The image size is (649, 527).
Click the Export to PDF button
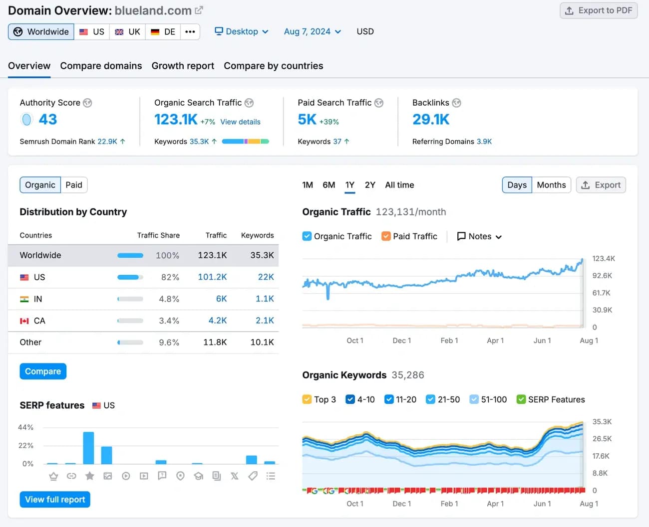(x=599, y=10)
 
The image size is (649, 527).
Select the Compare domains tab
(x=101, y=66)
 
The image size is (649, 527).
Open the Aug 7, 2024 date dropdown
(x=312, y=31)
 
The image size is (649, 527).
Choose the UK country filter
(x=128, y=32)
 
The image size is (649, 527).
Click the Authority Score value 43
(x=48, y=120)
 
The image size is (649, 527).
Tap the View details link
(x=240, y=122)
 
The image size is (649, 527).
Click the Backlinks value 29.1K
(x=430, y=120)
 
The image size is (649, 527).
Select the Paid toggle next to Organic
(x=74, y=185)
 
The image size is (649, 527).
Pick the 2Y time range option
(x=369, y=185)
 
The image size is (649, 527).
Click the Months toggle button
(x=551, y=185)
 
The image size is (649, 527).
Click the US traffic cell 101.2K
(x=212, y=277)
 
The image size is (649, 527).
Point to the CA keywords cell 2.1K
(x=265, y=321)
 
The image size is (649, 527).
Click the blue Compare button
(x=43, y=371)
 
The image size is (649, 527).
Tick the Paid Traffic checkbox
(x=386, y=236)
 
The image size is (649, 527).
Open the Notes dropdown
(x=479, y=236)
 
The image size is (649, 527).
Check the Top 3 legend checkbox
(x=307, y=399)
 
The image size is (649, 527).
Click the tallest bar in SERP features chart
(x=88, y=448)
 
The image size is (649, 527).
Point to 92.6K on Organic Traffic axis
(x=602, y=276)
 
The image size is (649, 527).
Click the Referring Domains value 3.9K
(x=484, y=142)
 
